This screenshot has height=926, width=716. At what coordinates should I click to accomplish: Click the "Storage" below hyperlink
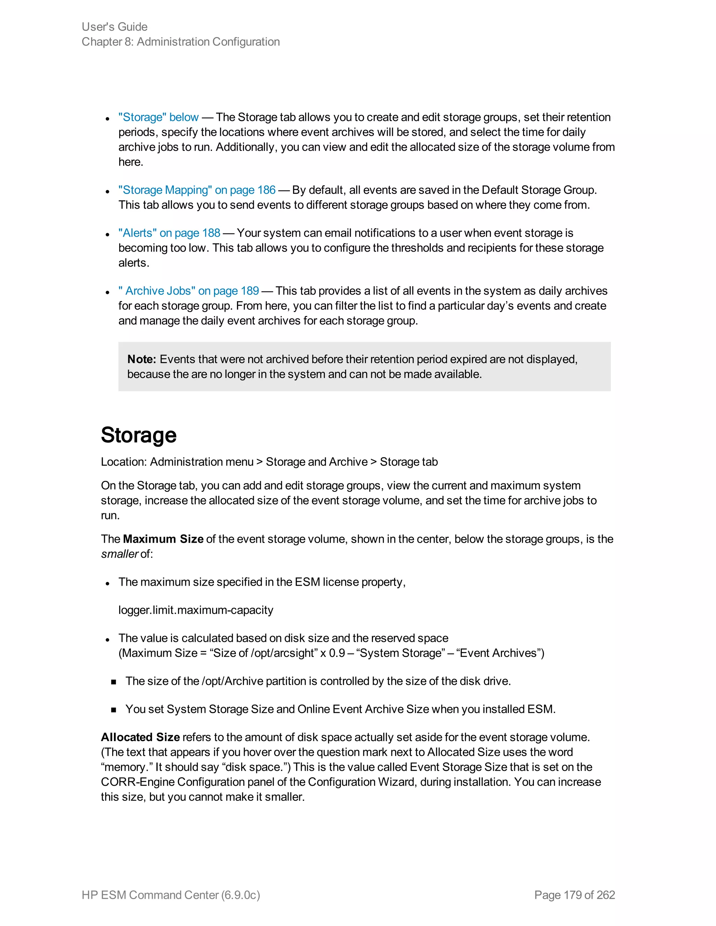click(x=158, y=117)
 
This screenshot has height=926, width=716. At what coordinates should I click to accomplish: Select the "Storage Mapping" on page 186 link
click(x=197, y=190)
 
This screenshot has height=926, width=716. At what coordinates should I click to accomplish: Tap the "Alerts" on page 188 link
click(x=169, y=233)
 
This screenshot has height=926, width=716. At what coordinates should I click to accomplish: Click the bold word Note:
click(x=142, y=360)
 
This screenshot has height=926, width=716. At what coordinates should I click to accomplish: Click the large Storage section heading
click(x=139, y=435)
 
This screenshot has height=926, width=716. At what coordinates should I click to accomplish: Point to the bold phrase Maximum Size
click(x=163, y=539)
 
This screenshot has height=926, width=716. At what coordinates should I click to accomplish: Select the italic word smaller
click(x=119, y=554)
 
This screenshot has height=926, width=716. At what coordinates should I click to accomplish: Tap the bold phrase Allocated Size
click(x=140, y=737)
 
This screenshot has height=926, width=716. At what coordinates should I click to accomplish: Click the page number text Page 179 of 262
click(x=574, y=895)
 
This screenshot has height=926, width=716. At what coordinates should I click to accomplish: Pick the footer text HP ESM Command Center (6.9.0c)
click(x=171, y=895)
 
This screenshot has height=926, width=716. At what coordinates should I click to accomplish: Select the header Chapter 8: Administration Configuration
click(x=181, y=42)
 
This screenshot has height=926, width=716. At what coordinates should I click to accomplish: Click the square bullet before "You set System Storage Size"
click(x=113, y=710)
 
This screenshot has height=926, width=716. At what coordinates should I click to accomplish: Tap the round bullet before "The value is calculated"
click(x=108, y=639)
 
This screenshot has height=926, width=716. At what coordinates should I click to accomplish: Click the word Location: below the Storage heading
click(x=124, y=462)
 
